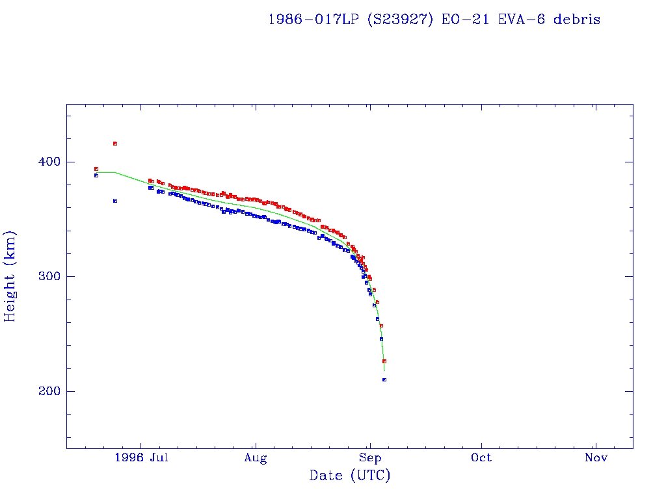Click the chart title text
click(x=434, y=19)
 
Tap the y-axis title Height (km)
click(x=10, y=276)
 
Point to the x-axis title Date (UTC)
click(x=350, y=476)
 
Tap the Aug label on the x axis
click(x=256, y=458)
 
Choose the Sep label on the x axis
click(x=369, y=458)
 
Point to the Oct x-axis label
click(x=482, y=458)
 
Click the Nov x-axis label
click(x=596, y=458)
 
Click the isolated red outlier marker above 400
click(x=115, y=144)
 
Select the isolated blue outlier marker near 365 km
click(x=115, y=201)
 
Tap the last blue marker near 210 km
click(x=384, y=379)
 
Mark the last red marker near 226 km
click(x=384, y=361)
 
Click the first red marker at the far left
click(x=96, y=169)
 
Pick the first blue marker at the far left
click(x=96, y=175)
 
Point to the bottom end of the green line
click(x=384, y=370)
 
